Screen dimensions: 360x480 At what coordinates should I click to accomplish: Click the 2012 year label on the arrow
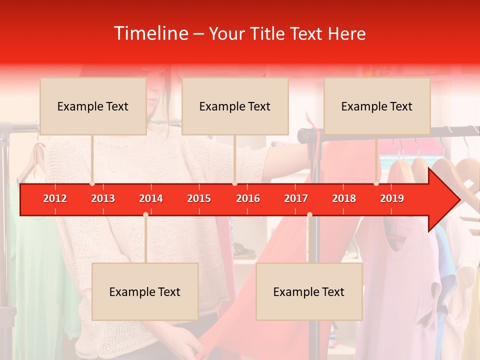click(x=55, y=198)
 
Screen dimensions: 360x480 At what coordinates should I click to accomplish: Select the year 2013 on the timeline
click(x=103, y=198)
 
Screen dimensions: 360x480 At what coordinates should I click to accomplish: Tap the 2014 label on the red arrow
click(x=151, y=198)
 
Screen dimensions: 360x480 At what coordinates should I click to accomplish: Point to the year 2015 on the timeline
click(x=199, y=198)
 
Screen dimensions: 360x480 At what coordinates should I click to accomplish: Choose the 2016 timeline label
click(x=248, y=198)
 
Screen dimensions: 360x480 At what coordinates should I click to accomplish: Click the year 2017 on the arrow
click(x=296, y=198)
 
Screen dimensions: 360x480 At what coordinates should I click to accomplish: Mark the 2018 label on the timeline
click(x=344, y=198)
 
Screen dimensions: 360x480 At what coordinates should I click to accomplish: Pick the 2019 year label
click(x=392, y=198)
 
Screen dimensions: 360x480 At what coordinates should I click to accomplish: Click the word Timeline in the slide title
click(x=151, y=33)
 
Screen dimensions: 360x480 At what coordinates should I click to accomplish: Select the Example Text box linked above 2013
click(x=93, y=106)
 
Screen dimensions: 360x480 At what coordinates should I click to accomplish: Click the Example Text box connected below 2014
click(x=145, y=291)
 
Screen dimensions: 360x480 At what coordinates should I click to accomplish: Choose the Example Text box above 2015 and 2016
click(x=235, y=106)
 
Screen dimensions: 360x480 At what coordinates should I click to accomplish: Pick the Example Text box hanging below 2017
click(x=309, y=291)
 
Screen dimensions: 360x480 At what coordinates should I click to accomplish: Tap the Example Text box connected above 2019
click(x=377, y=106)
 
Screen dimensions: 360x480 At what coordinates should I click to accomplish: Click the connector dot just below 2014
click(x=145, y=214)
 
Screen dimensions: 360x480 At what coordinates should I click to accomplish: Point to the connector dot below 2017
click(x=309, y=214)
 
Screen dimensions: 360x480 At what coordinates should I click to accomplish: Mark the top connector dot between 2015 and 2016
click(x=234, y=183)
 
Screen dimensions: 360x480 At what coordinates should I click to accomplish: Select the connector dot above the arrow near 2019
click(x=376, y=183)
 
